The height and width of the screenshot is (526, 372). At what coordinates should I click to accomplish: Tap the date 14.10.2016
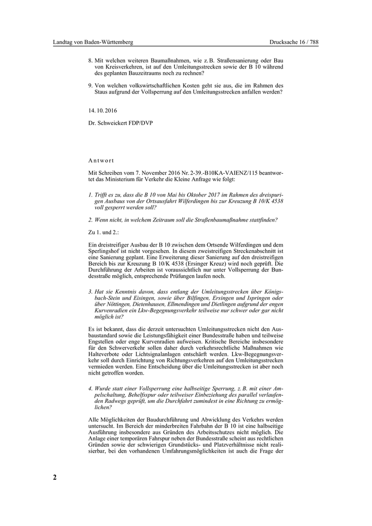click(x=103, y=111)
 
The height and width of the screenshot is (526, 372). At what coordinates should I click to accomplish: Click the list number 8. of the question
click(x=91, y=61)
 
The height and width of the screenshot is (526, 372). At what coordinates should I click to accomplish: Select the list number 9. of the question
click(x=91, y=84)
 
